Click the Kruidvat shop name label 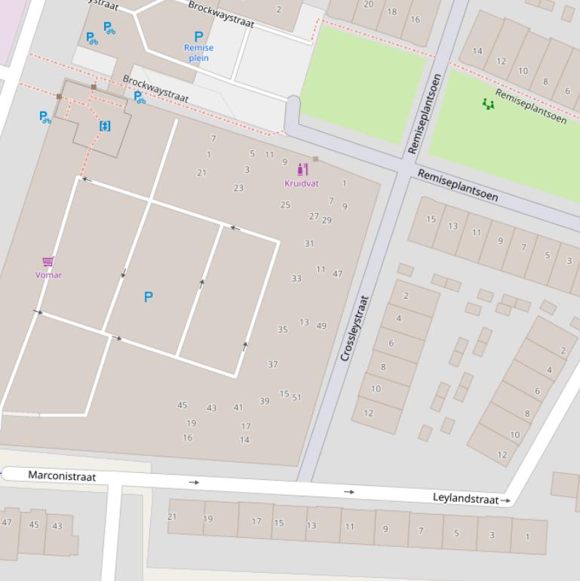[x=301, y=183]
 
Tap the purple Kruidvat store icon [x=302, y=170]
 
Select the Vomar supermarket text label [x=48, y=275]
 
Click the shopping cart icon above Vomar [x=48, y=262]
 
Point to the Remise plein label [x=198, y=52]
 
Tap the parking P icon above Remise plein [x=198, y=36]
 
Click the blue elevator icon [x=105, y=126]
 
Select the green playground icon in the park [x=488, y=103]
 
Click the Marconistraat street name [x=62, y=475]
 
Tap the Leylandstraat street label [x=465, y=499]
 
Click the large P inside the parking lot [x=148, y=297]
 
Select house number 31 [x=309, y=244]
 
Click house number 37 [x=272, y=364]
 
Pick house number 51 [x=296, y=398]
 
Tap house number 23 [x=238, y=188]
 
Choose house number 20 [x=368, y=4]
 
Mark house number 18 [x=391, y=12]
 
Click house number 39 [x=264, y=401]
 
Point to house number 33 [x=296, y=278]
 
